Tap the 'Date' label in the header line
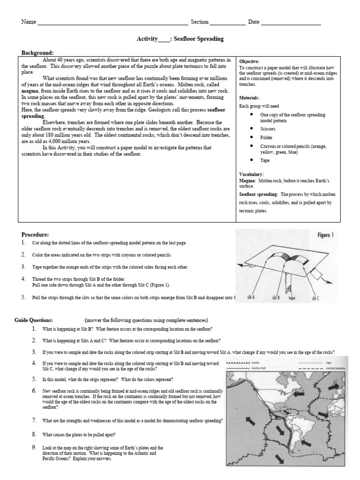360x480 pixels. tap(254, 22)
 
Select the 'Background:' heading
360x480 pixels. tap(37, 52)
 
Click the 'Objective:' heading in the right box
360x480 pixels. tap(249, 62)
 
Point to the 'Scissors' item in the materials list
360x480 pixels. tap(268, 128)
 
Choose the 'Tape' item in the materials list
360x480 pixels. tap(265, 160)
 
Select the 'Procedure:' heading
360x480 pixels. tap(35, 234)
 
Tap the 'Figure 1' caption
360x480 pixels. tap(324, 235)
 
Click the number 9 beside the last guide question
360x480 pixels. tap(34, 447)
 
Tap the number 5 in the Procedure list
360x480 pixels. tap(23, 297)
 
